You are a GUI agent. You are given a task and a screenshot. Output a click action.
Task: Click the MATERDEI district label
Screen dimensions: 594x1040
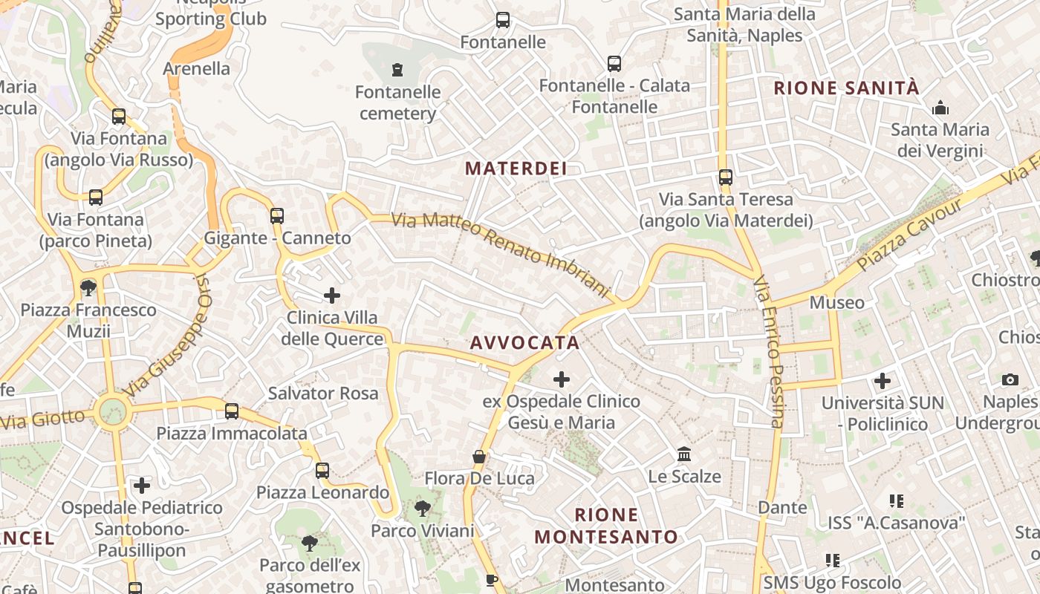pos(516,169)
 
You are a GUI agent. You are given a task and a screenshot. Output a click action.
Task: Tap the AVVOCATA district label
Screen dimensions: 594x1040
pos(524,342)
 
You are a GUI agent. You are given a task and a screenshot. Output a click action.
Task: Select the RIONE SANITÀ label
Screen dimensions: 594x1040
pos(846,88)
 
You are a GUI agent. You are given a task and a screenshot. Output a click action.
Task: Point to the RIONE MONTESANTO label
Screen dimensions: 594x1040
pos(606,526)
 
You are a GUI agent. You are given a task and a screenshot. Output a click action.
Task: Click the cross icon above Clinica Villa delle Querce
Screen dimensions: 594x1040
pos(332,296)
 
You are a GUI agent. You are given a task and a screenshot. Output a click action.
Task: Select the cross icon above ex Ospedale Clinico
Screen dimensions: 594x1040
pos(562,379)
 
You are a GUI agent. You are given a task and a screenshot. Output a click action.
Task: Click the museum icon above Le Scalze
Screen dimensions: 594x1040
pos(684,454)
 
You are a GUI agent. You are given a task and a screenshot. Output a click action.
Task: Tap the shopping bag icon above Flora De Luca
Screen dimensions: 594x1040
pos(479,456)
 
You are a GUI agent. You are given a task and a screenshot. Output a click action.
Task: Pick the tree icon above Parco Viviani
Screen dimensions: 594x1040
pos(423,509)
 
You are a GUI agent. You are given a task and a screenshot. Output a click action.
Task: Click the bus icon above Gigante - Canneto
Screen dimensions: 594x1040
pos(277,216)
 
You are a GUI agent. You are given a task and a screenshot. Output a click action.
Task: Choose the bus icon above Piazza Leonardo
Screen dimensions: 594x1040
pos(322,470)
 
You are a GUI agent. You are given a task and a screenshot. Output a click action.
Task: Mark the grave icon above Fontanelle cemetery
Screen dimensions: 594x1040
pos(397,70)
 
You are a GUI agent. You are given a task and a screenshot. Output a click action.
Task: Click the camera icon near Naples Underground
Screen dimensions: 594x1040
pos(1010,380)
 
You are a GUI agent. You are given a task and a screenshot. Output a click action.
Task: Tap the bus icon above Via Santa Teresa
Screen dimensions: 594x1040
pos(726,177)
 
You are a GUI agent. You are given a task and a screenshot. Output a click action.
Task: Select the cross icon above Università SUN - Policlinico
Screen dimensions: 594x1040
pos(883,381)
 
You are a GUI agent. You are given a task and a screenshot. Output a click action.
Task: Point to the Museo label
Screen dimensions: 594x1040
pos(837,302)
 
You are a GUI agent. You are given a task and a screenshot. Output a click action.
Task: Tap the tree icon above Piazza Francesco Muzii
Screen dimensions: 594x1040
pos(88,287)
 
